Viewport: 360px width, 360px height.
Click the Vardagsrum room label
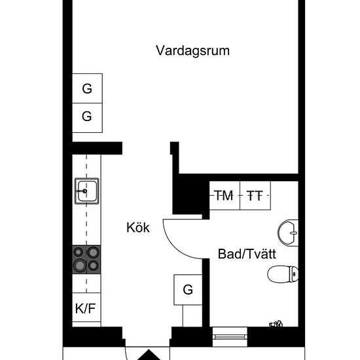192,50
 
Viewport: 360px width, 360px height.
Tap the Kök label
138,228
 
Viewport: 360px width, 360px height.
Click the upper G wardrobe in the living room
87,89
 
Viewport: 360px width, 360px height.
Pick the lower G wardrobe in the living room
87,117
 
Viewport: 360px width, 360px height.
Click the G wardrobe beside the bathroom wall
188,290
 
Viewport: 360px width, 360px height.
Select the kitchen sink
86,191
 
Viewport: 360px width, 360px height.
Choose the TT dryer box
255,195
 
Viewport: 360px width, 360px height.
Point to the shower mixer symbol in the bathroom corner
277,323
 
